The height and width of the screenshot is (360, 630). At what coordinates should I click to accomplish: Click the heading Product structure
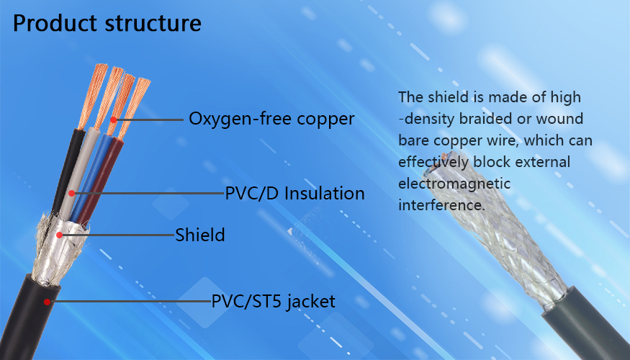[107, 23]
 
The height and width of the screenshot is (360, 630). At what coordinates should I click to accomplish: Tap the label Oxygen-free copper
[271, 119]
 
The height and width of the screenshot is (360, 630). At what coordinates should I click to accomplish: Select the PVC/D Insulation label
[294, 193]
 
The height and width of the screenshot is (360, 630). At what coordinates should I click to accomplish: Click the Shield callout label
[199, 235]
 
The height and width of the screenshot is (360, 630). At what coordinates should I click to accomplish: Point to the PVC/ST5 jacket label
[273, 302]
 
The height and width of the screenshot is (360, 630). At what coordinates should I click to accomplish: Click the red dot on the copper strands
[114, 120]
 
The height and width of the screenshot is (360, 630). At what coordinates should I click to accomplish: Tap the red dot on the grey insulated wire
[71, 193]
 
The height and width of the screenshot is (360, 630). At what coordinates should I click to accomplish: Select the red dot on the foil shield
[60, 235]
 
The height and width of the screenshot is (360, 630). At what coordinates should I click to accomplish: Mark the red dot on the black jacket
[47, 302]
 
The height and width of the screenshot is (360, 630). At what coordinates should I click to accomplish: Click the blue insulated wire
[91, 177]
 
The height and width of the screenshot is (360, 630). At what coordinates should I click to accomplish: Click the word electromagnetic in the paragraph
[454, 184]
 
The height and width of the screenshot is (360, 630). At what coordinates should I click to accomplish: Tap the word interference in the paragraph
[441, 205]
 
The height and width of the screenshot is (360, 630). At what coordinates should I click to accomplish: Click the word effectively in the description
[433, 162]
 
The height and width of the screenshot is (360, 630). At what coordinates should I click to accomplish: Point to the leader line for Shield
[117, 235]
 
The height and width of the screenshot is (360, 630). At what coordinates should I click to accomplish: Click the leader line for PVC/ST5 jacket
[130, 302]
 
